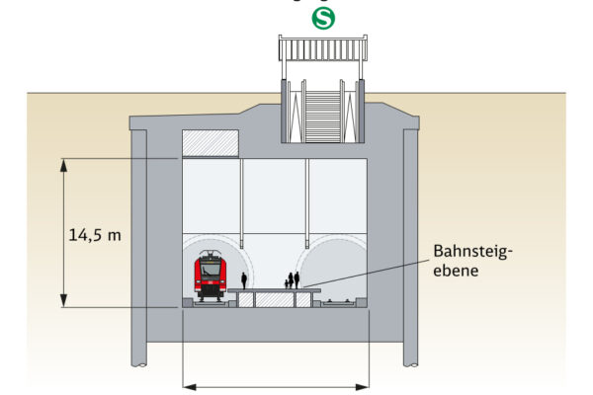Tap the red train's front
[x=209, y=277]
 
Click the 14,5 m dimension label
[x=95, y=234]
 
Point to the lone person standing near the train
[x=244, y=281]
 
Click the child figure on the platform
[x=288, y=283]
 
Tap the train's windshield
[x=209, y=269]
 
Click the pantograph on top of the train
[x=209, y=255]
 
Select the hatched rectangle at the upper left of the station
[x=211, y=143]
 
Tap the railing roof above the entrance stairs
[x=323, y=50]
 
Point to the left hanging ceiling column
[x=243, y=197]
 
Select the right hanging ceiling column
[x=306, y=197]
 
